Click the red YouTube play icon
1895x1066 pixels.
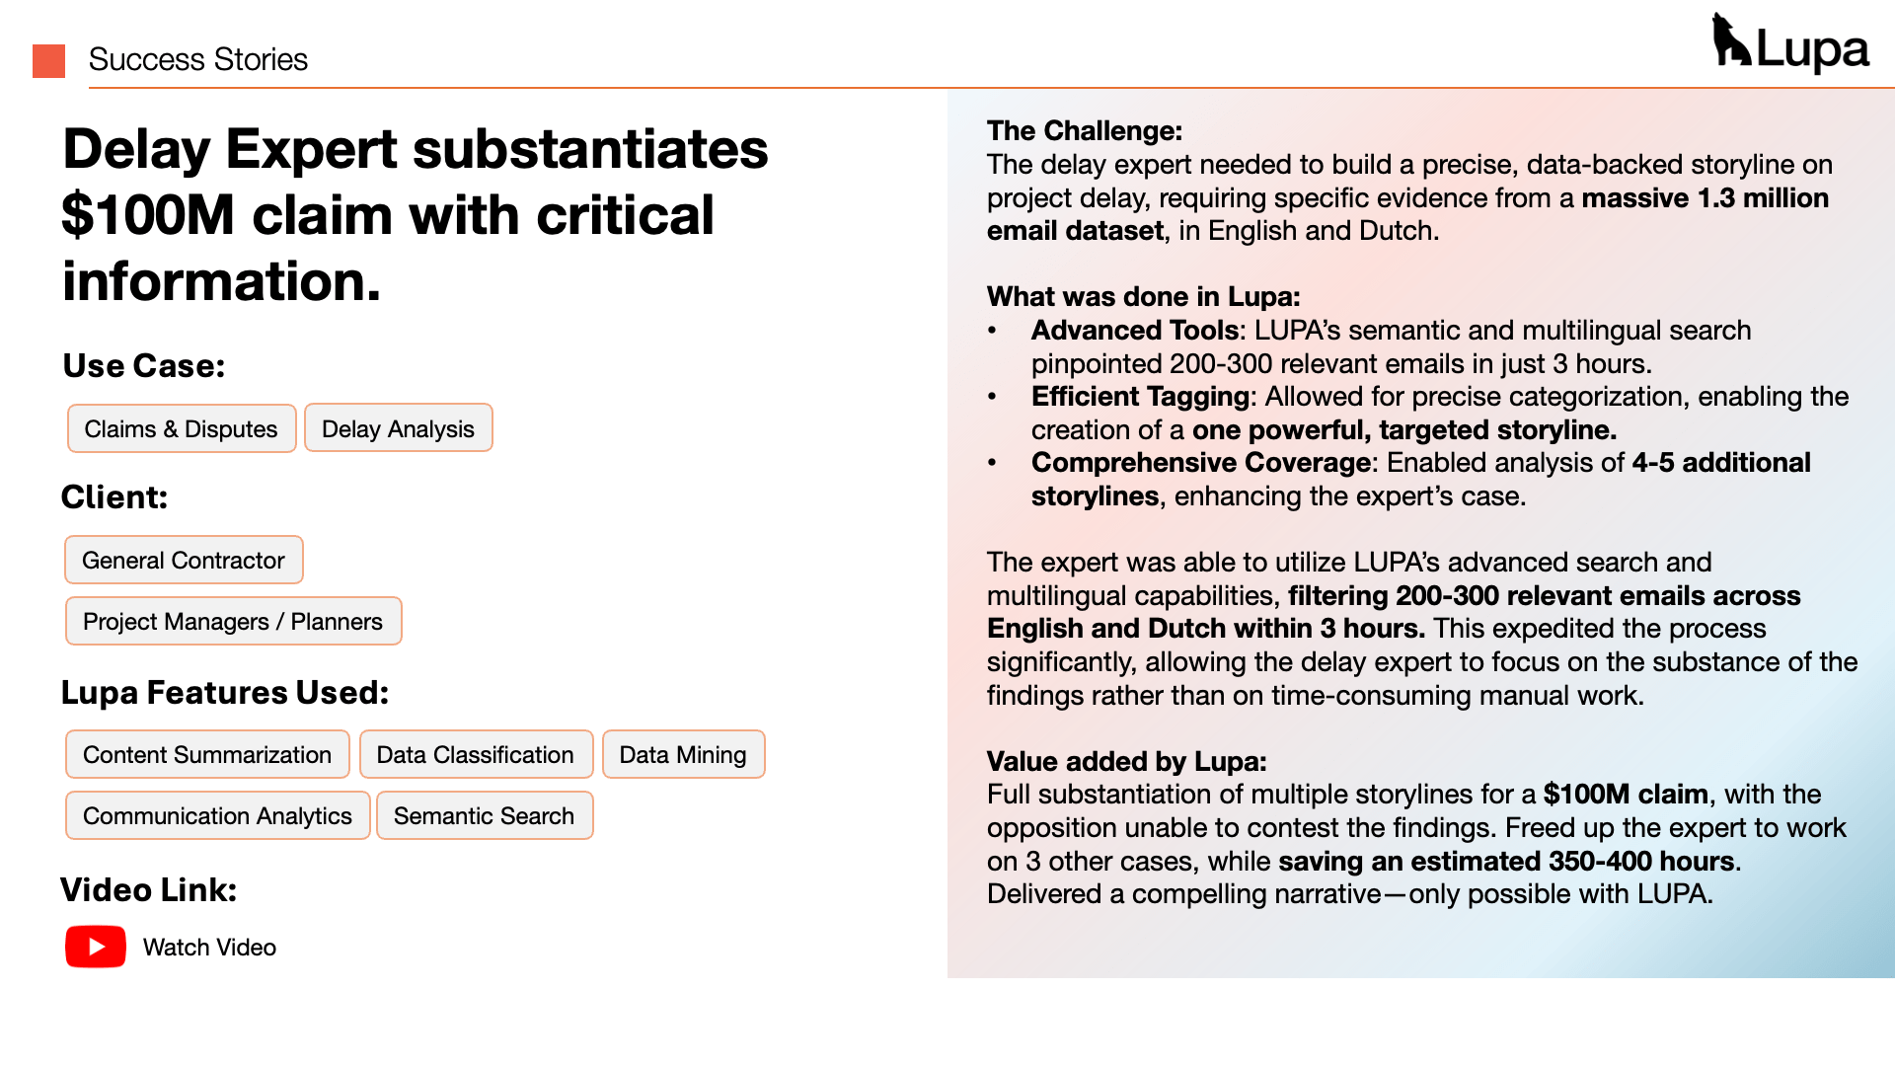(96, 947)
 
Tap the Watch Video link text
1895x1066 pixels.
(209, 948)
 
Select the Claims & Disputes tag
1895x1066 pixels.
(182, 428)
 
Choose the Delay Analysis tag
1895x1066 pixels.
(398, 428)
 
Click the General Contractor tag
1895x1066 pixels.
(184, 560)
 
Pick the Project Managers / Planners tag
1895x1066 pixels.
(233, 621)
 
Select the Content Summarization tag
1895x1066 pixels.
(207, 754)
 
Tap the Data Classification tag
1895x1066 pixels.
(475, 754)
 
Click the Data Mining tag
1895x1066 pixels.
(683, 754)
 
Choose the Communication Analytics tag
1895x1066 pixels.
(217, 815)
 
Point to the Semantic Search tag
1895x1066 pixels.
(484, 815)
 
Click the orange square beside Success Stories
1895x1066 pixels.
(48, 60)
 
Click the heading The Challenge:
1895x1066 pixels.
(1084, 130)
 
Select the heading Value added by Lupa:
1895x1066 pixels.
(1126, 761)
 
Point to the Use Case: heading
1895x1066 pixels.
(144, 365)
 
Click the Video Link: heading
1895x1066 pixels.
(149, 889)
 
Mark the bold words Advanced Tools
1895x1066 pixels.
(1134, 330)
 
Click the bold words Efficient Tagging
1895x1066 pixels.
(1140, 396)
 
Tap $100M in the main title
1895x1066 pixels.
(148, 215)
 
